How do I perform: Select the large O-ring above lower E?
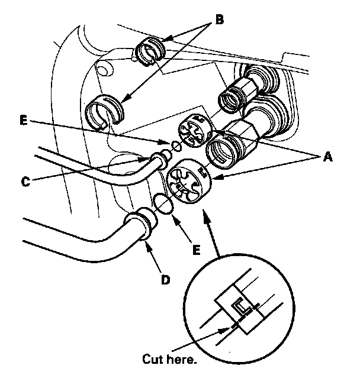click(164, 203)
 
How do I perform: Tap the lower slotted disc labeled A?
click(189, 182)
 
